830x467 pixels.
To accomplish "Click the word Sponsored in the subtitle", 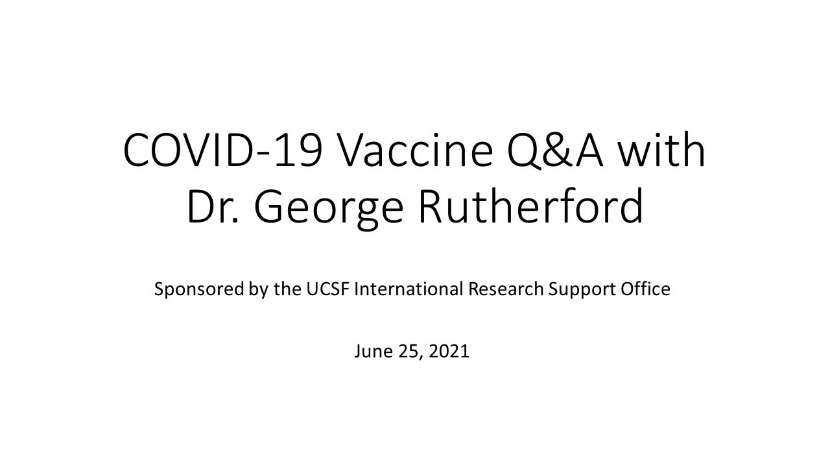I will tap(199, 289).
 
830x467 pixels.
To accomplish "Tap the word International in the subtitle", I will tap(409, 289).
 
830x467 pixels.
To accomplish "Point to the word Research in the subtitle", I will tap(506, 289).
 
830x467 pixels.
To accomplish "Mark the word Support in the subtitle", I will tap(580, 290).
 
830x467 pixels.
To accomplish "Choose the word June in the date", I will tap(370, 352).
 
